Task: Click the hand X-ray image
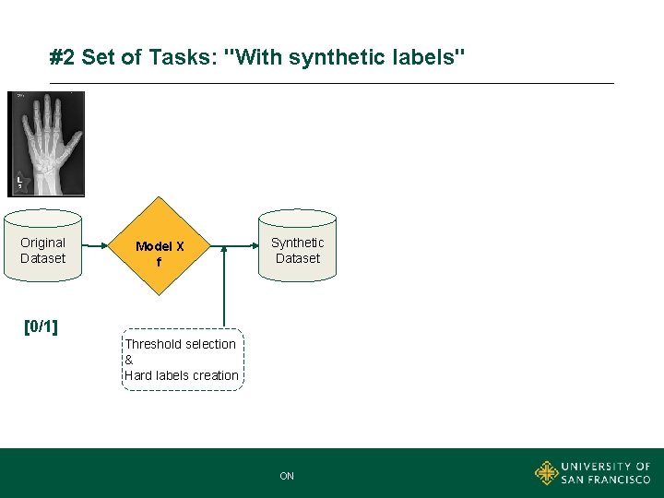[x=46, y=144]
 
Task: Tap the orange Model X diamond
[x=160, y=246]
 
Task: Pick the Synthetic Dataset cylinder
[x=297, y=246]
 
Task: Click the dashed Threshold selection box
[x=184, y=360]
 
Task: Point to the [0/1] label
[x=41, y=326]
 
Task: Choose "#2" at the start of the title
[x=63, y=58]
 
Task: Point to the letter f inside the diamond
[x=159, y=262]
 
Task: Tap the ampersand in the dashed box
[x=129, y=360]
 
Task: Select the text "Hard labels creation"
[x=181, y=375]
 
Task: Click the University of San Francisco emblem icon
[x=547, y=473]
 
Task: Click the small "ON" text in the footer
[x=287, y=476]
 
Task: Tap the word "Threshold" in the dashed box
[x=153, y=344]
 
